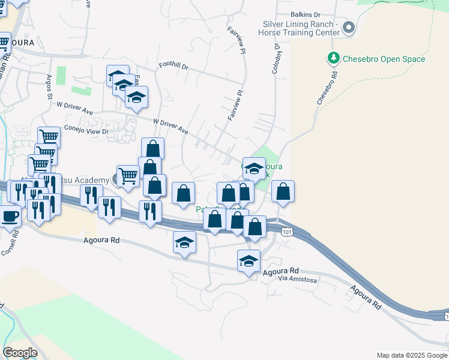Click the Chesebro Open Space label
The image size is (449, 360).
384,59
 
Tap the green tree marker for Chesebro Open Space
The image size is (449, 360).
333,59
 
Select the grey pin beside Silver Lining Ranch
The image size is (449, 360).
348,28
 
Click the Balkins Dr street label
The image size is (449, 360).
306,14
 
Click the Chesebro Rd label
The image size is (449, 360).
327,89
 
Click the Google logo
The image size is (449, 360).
20,353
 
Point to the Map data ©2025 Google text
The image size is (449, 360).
411,355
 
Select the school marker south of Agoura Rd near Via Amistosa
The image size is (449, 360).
249,261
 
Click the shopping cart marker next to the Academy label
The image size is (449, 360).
128,176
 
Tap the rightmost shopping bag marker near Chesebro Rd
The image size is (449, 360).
283,191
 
